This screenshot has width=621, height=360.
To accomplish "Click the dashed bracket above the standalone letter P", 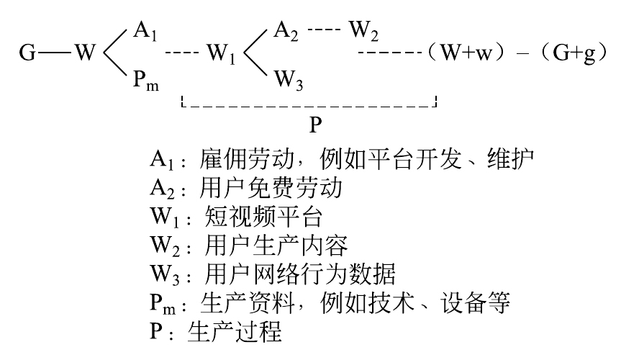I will tap(309, 107).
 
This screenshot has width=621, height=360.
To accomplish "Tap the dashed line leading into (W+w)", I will tap(389, 53).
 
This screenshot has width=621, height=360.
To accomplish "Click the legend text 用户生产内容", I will tap(266, 247).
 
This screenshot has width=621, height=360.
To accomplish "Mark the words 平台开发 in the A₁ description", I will tap(407, 159).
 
